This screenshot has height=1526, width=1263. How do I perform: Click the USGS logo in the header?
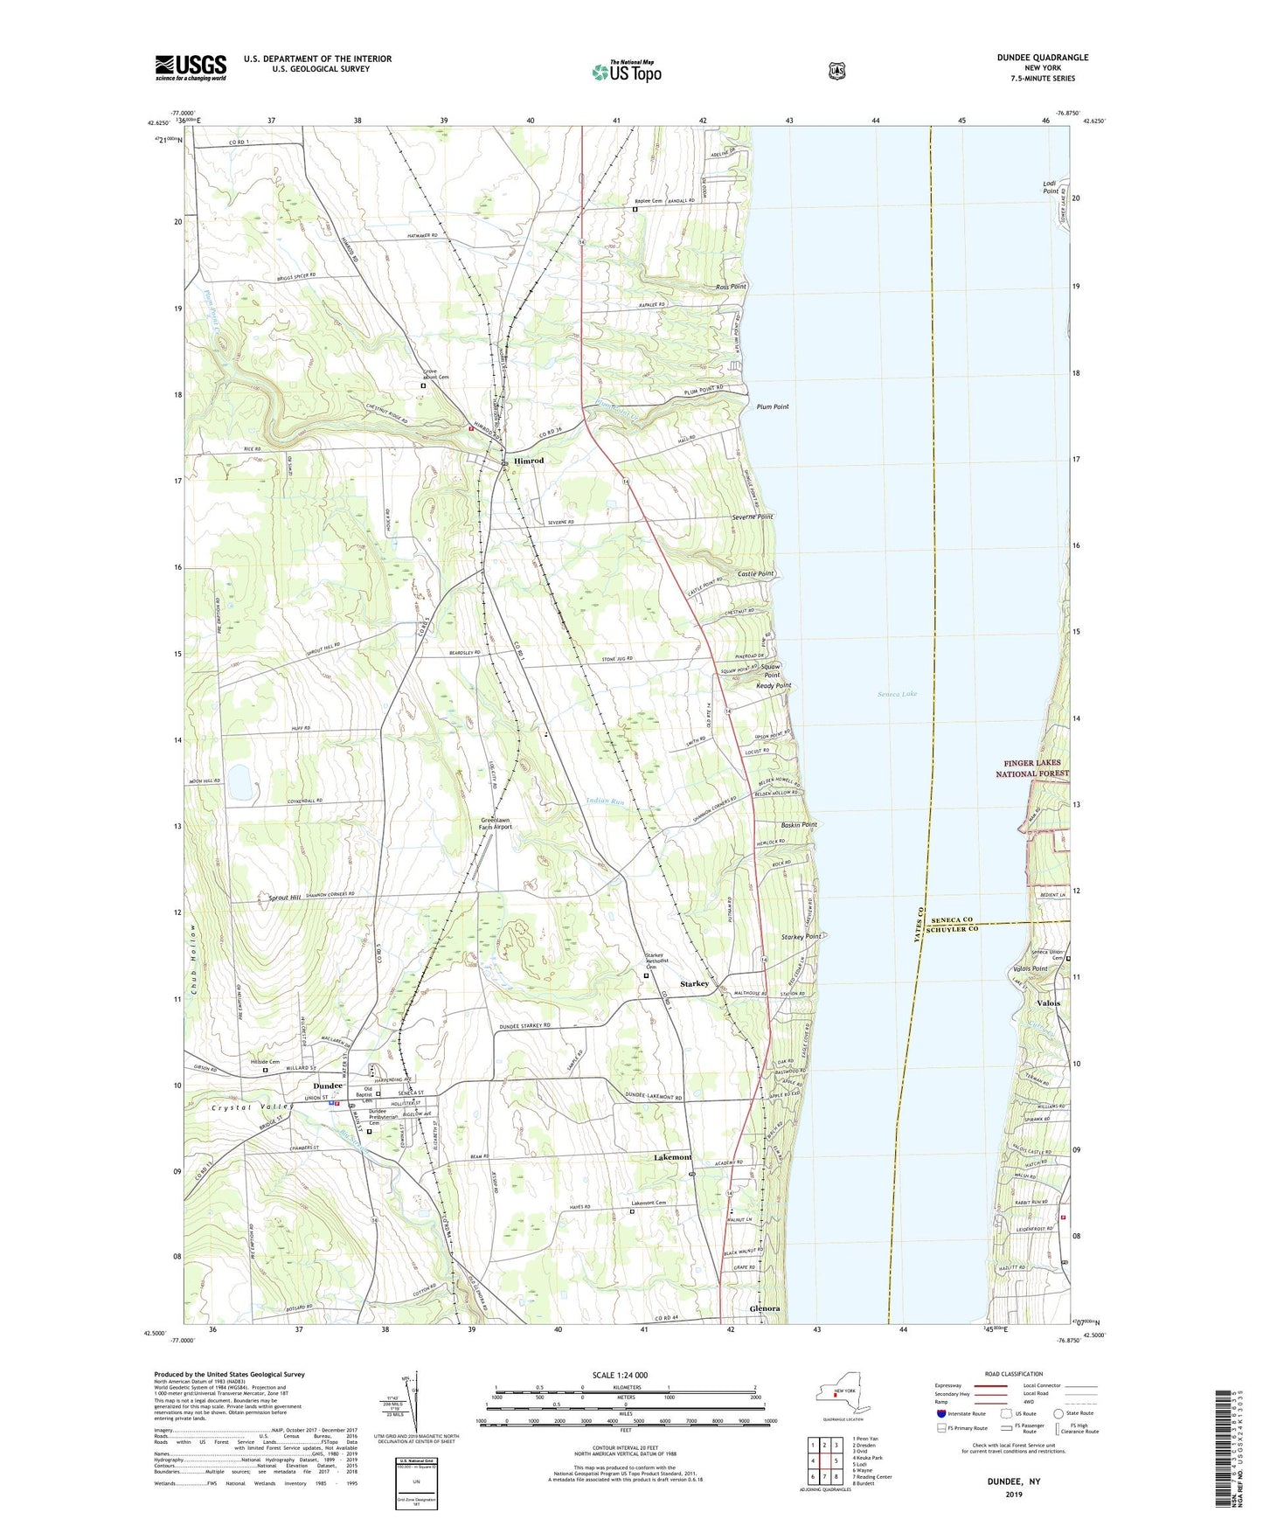tap(191, 66)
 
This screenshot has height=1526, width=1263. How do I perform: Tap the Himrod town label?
tap(528, 461)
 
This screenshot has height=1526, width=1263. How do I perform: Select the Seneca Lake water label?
tap(897, 694)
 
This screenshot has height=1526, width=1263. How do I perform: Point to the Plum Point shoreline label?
tap(772, 407)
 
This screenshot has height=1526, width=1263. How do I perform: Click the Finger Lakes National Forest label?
tap(1032, 768)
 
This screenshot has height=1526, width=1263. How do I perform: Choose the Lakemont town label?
tap(672, 1156)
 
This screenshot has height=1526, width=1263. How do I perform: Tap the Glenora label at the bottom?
tap(764, 1308)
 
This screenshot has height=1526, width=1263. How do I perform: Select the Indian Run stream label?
tap(605, 801)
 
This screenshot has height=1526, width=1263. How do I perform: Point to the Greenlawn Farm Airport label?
tap(496, 823)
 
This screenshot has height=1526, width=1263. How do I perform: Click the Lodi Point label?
tap(1050, 186)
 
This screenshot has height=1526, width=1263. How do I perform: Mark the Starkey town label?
tap(694, 984)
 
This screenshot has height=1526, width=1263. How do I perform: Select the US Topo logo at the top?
tap(626, 72)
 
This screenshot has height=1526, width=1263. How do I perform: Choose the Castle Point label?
tap(755, 573)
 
